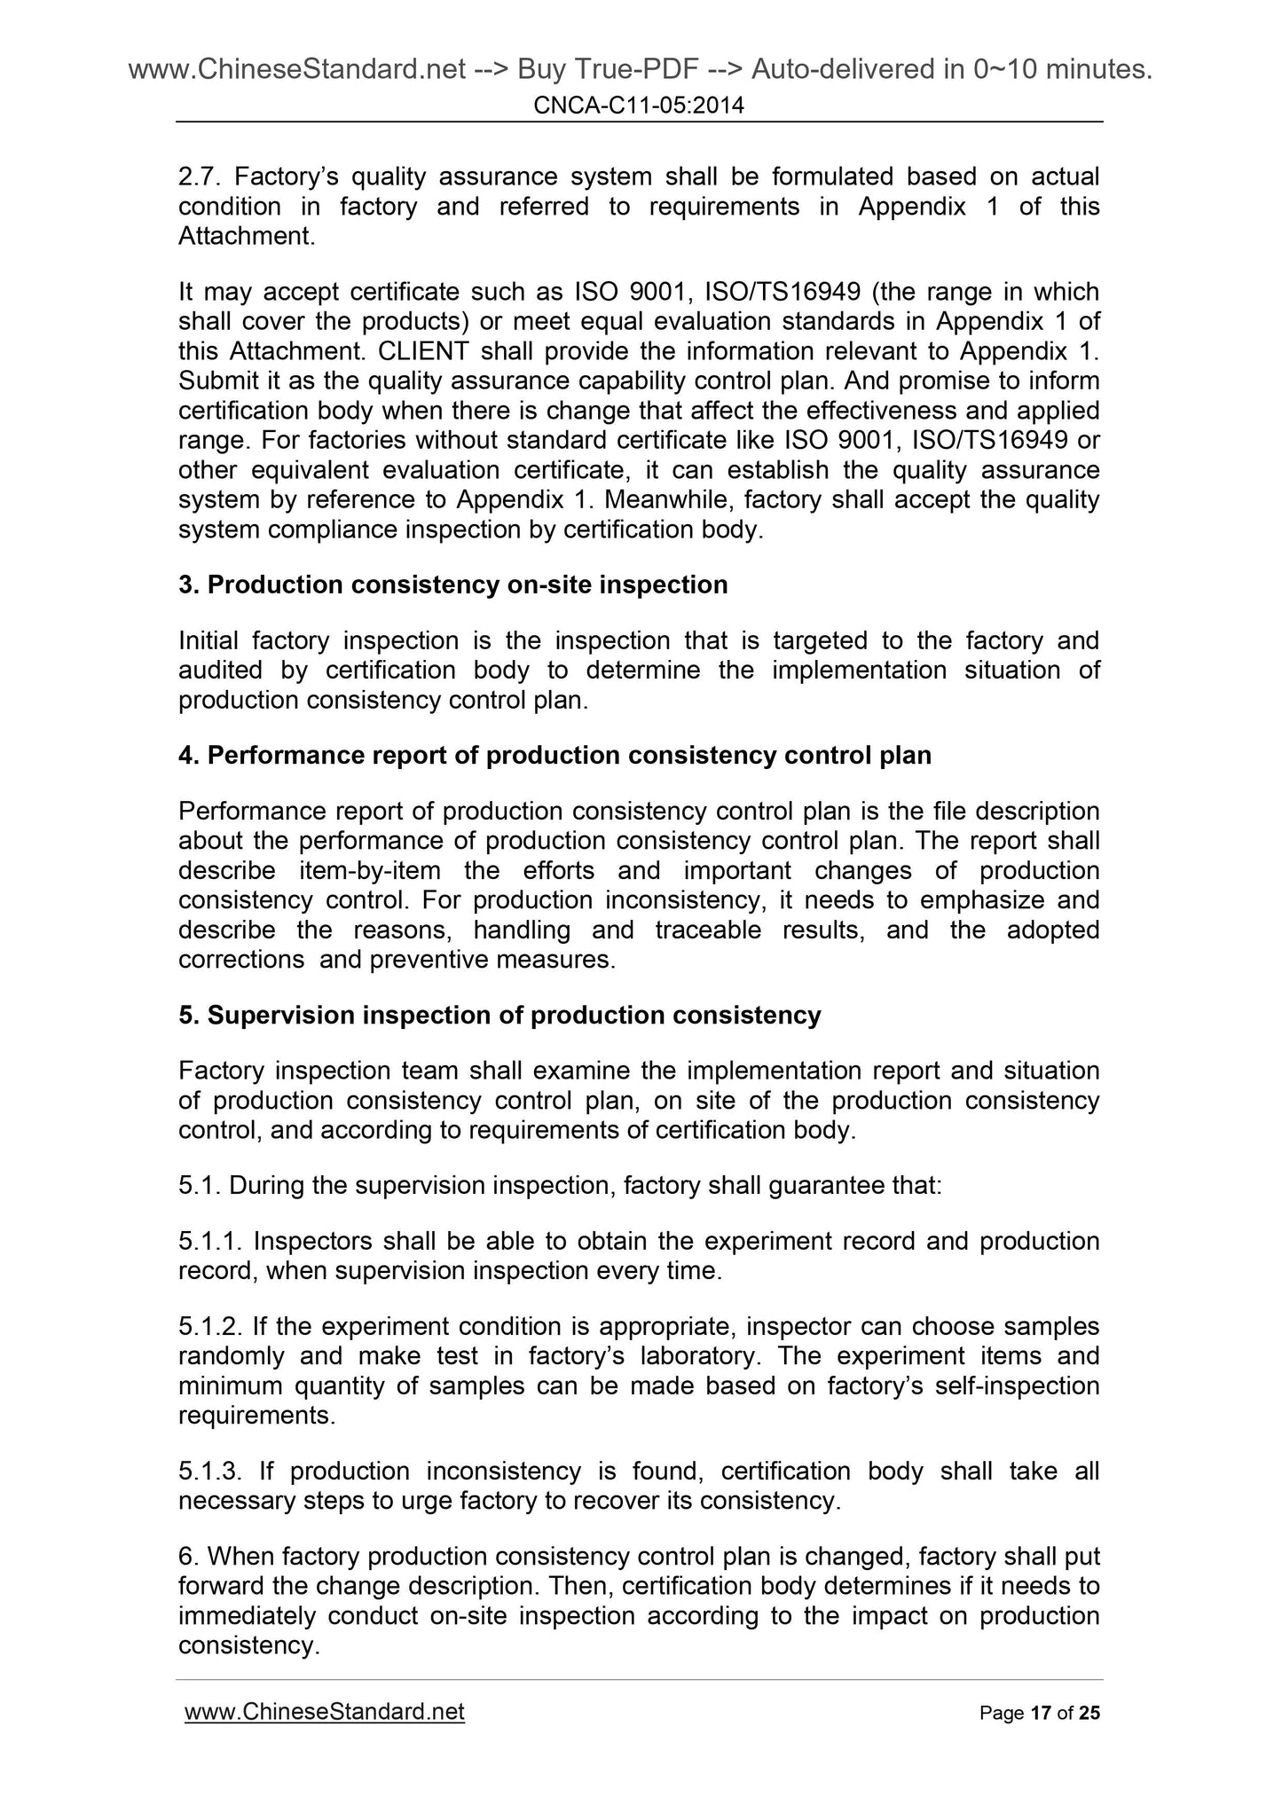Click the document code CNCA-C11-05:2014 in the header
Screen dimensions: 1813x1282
639,106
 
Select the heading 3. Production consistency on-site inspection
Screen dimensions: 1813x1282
452,585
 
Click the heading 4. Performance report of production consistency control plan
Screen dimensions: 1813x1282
554,756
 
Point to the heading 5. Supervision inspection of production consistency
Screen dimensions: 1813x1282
499,1016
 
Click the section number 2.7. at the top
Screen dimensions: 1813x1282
200,177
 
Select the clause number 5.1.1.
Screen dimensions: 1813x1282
208,1242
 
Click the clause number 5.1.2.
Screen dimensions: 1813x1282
208,1327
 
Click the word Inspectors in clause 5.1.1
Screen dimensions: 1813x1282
315,1242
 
